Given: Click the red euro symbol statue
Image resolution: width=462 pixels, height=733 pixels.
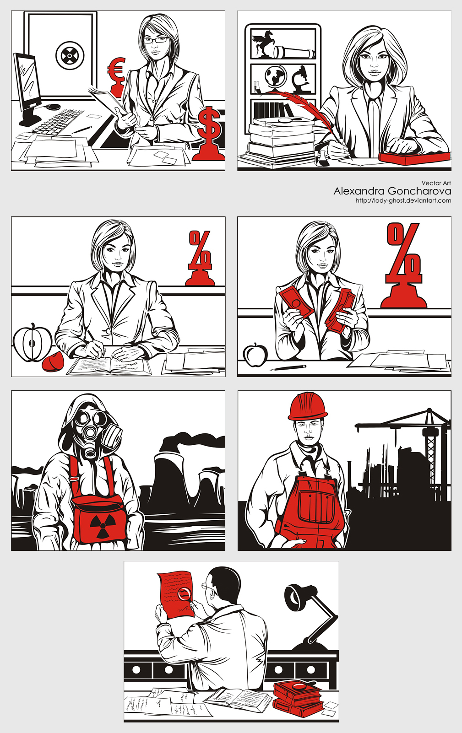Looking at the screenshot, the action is [x=117, y=78].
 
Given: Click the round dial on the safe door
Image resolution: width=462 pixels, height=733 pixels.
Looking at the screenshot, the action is [x=70, y=55].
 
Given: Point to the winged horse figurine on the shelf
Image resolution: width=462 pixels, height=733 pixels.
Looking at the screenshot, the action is [x=263, y=43].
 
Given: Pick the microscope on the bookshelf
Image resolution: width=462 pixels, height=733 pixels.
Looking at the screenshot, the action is [x=300, y=79].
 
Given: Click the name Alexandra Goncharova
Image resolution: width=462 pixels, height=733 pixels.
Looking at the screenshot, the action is [x=392, y=191].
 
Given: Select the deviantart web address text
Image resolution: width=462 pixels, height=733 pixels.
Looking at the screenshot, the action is [x=403, y=200].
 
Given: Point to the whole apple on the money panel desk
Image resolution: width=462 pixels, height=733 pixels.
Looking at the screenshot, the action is [x=255, y=355].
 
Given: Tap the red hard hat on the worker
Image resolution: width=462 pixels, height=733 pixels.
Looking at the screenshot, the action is [x=307, y=406].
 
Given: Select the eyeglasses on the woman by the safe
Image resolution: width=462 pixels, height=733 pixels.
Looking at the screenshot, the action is [x=156, y=40].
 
